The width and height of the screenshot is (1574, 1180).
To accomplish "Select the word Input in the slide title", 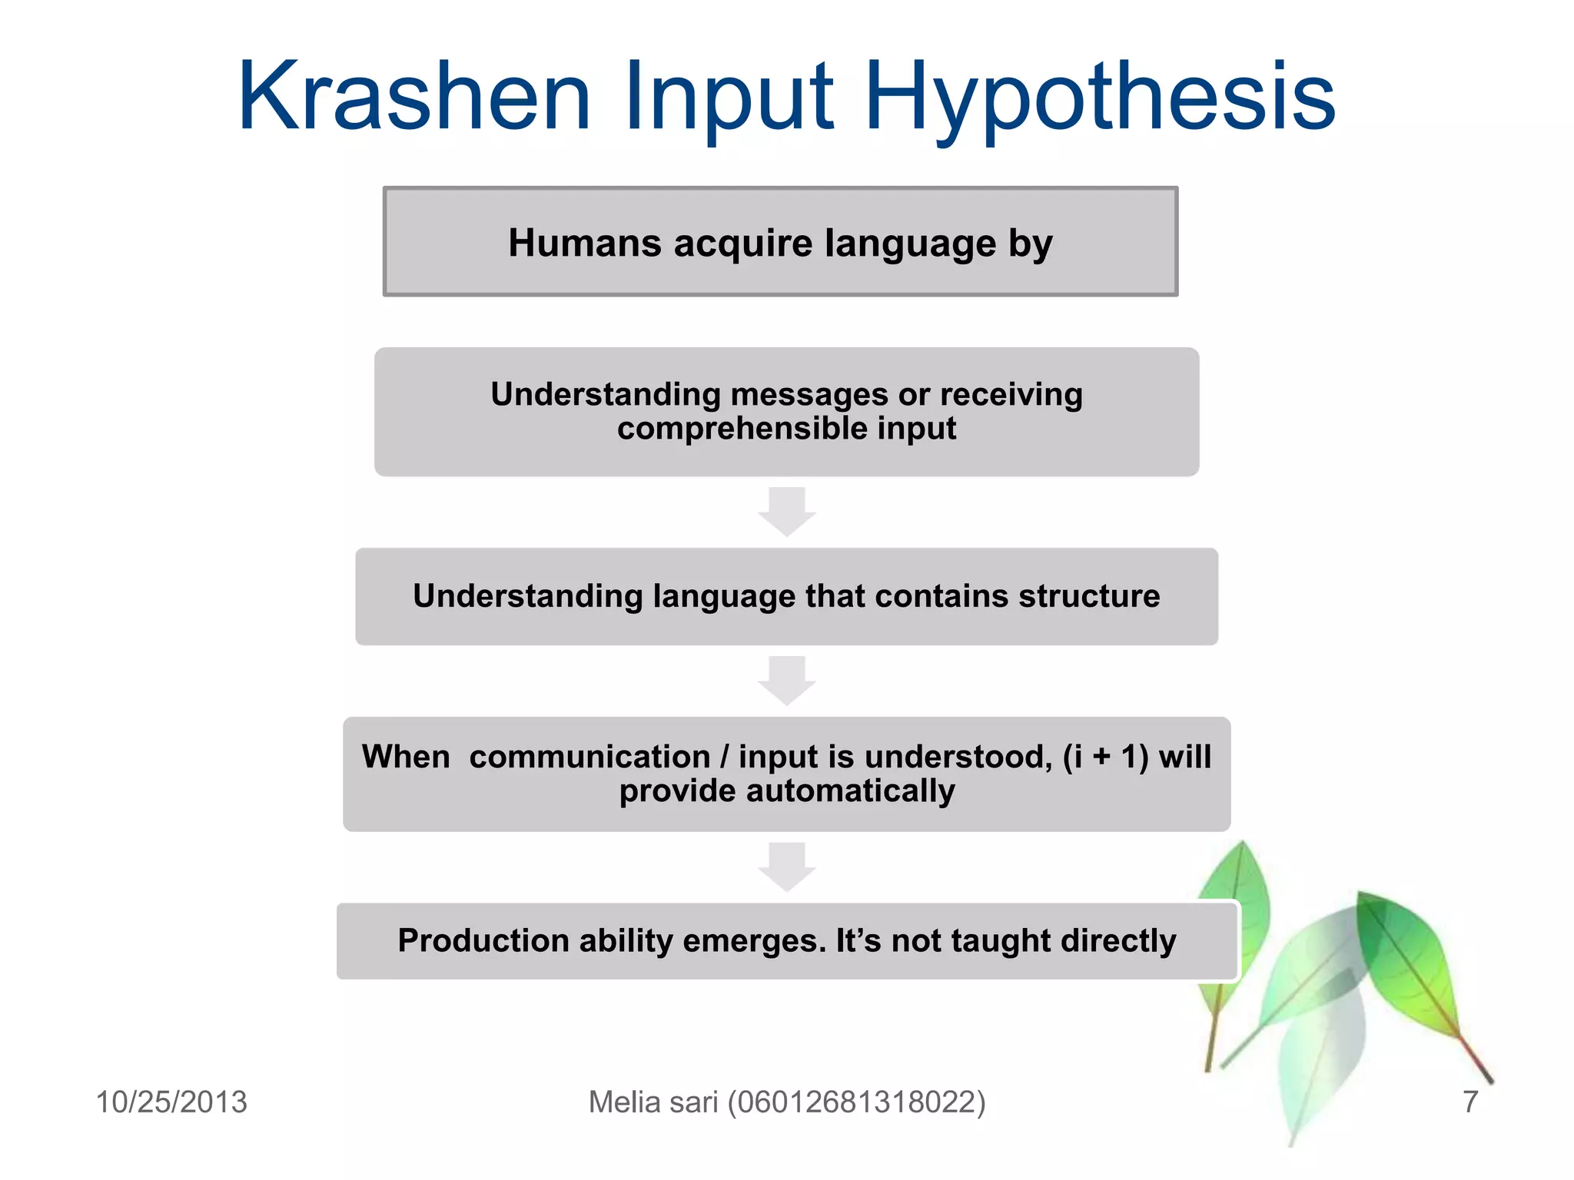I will (729, 98).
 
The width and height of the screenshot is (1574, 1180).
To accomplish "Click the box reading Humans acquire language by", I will (780, 242).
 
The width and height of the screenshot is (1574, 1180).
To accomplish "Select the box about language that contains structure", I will (786, 596).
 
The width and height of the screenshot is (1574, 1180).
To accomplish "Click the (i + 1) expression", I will (1106, 757).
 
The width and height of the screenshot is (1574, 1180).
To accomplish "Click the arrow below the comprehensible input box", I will (786, 512).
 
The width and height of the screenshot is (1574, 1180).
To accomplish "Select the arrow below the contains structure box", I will (786, 681).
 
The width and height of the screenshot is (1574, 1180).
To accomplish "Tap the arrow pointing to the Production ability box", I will (786, 867).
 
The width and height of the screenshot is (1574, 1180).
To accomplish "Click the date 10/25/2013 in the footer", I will (171, 1102).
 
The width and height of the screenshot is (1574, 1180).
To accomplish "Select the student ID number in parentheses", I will (856, 1102).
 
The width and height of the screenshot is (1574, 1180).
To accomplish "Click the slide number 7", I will (1469, 1102).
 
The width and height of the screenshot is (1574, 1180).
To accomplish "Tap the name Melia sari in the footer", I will (653, 1102).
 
